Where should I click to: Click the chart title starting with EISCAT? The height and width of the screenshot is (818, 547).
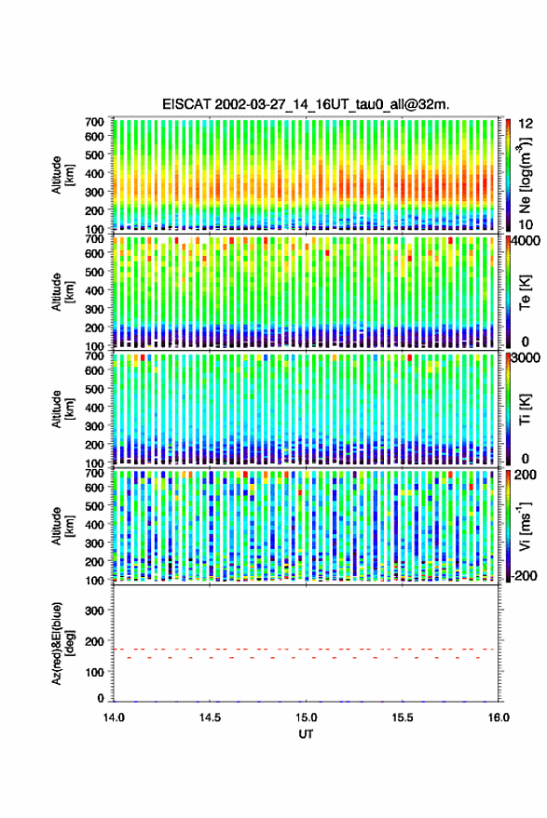coord(306,104)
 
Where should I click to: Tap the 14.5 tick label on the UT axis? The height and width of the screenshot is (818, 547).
coord(210,717)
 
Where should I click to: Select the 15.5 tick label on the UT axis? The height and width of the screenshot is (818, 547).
coord(403,717)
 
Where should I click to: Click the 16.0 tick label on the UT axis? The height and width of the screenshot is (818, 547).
coord(499,717)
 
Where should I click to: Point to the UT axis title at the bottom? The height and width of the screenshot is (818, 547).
coord(307,734)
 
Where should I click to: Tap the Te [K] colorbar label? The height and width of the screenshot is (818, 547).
coord(525,292)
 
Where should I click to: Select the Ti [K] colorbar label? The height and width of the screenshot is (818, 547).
coord(525,409)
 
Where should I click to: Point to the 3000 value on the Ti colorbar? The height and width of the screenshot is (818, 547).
coord(526,358)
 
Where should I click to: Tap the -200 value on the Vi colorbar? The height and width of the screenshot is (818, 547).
coord(524,575)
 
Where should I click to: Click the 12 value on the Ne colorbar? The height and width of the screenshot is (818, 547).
coord(526,124)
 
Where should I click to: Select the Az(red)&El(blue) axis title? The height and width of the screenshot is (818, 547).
coord(62,643)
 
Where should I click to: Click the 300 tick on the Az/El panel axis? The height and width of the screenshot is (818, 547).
coord(94,610)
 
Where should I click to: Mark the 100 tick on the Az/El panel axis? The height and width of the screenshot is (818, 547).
coord(94,672)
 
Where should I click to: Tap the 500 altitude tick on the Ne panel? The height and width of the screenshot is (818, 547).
coord(94,154)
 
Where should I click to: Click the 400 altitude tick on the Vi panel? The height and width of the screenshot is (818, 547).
coord(94,525)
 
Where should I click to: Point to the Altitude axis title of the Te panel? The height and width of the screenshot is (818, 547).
coord(62,292)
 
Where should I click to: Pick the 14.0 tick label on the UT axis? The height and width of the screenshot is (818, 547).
coord(114,717)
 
